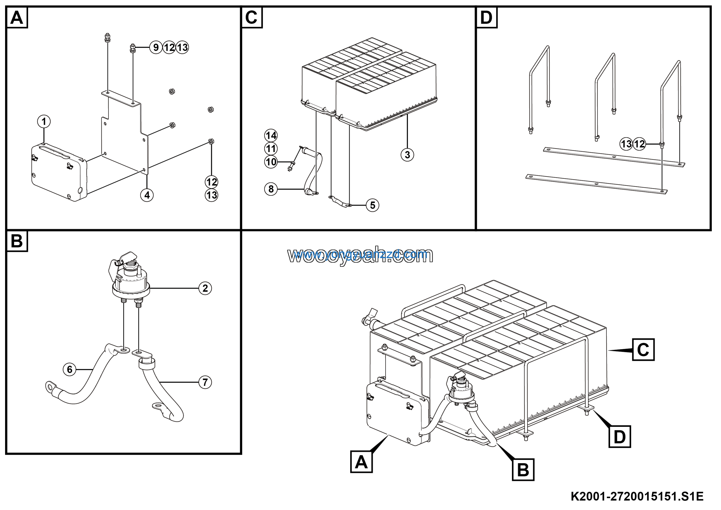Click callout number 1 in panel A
pos(44,122)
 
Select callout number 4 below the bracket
pos(147,195)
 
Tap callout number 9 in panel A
pos(156,47)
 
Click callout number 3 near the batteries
pos(407,155)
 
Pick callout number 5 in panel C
pos(372,205)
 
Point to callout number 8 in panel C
pos(271,189)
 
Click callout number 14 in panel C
pos(271,135)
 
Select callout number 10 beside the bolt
pos(271,162)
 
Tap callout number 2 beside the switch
pos(205,288)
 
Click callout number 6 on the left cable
pos(70,370)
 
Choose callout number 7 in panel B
pos(205,382)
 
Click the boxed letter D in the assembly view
pos(620,437)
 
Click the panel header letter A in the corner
pos(17,17)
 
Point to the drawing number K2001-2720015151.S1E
pos(637,496)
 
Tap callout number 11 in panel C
pos(271,149)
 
